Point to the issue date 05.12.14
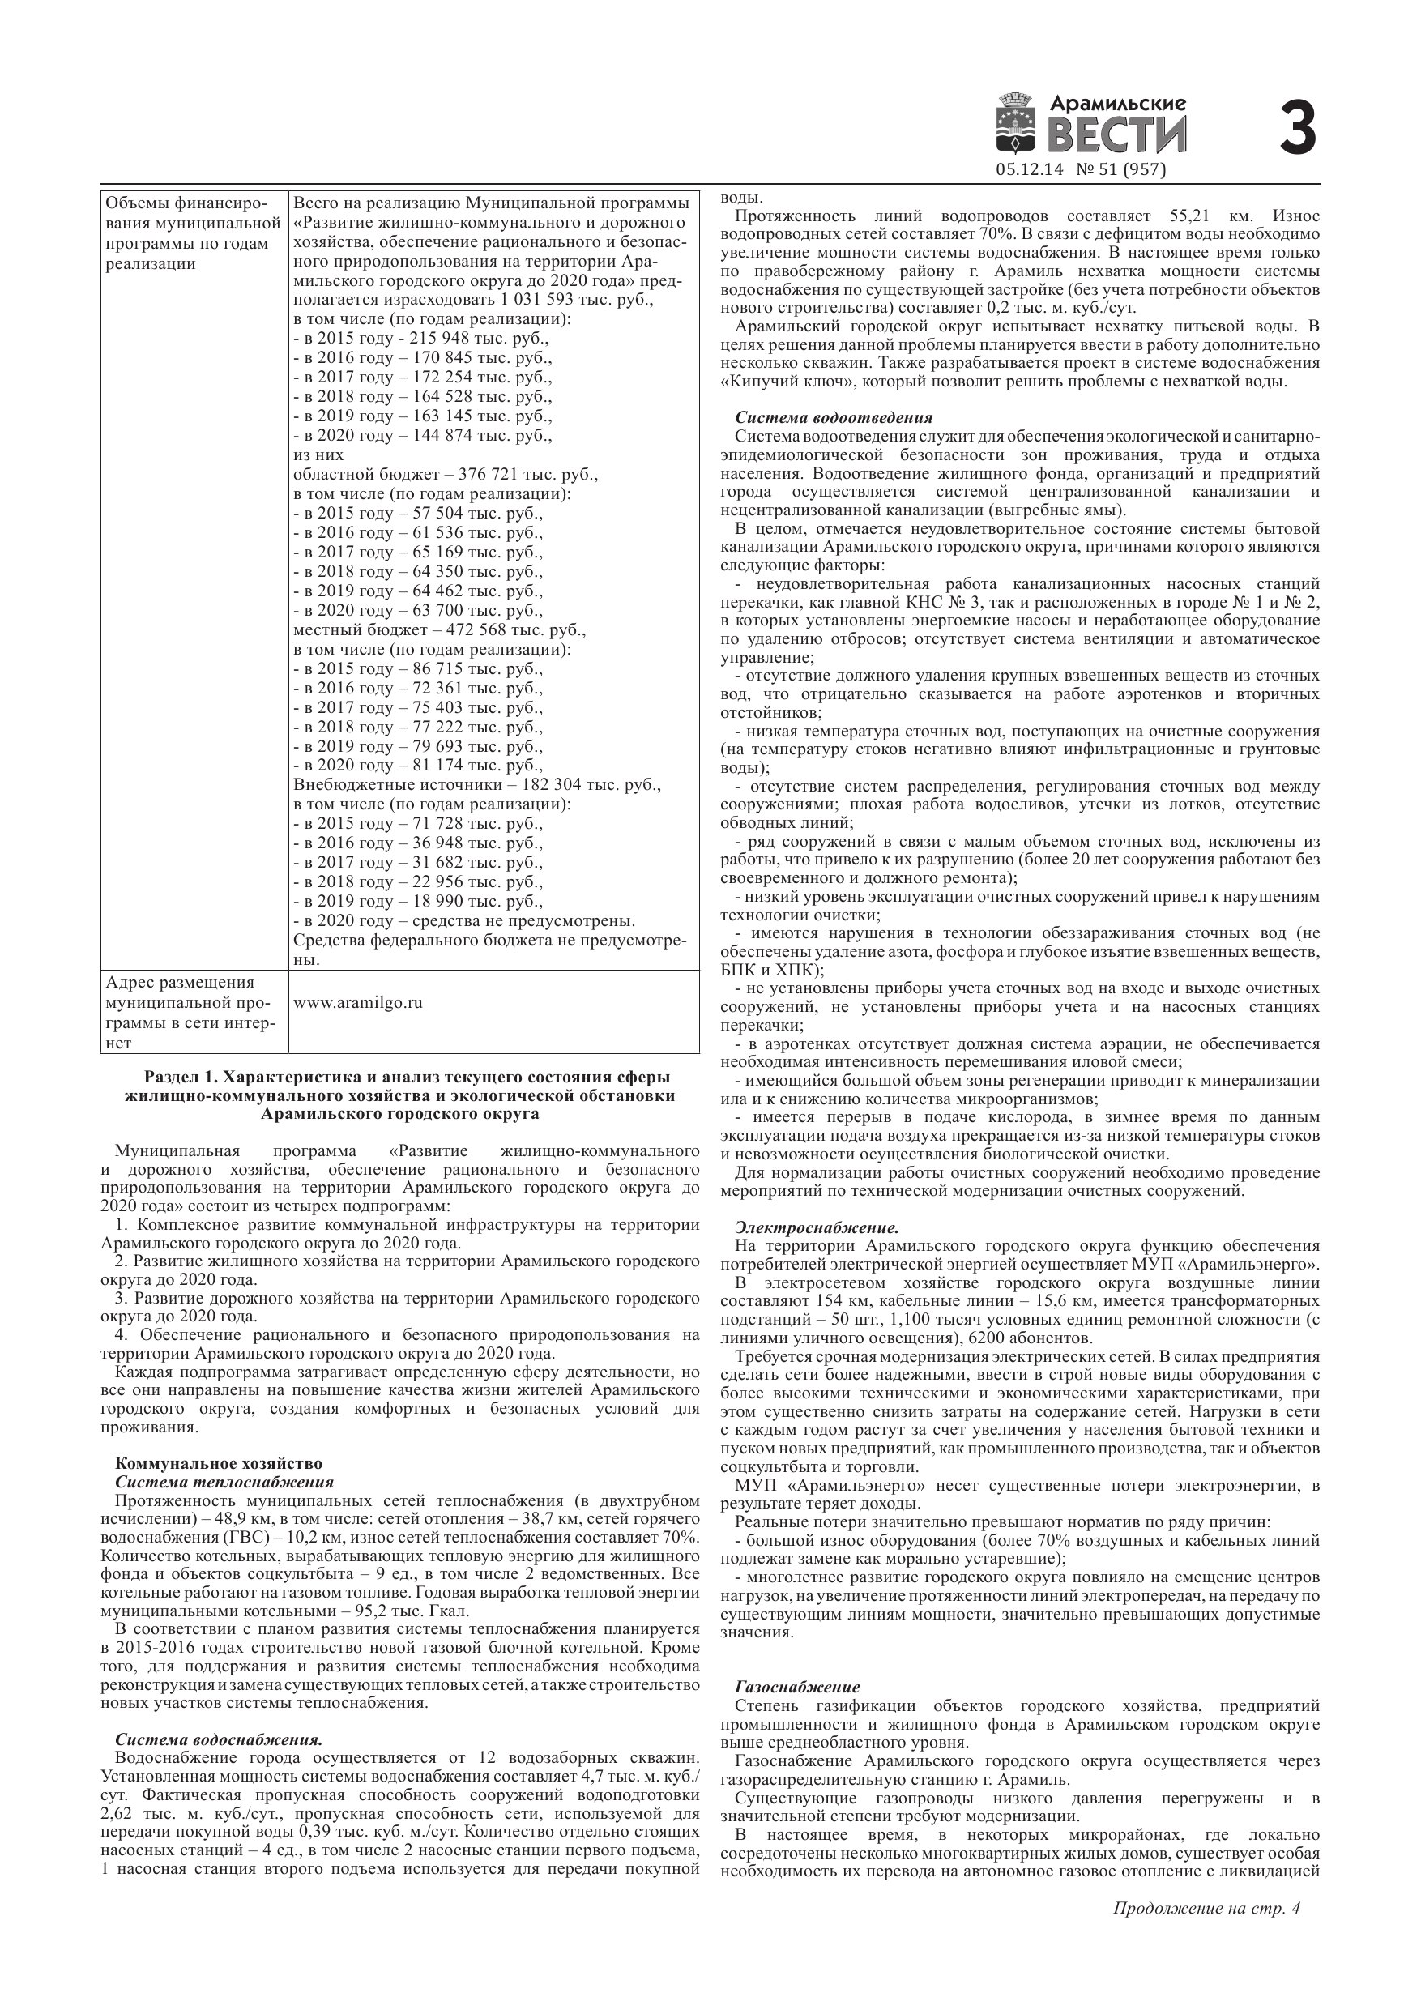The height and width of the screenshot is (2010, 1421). [1029, 170]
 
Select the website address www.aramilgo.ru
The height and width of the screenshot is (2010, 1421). [357, 1002]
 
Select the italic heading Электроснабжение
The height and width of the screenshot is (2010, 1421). [816, 1227]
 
